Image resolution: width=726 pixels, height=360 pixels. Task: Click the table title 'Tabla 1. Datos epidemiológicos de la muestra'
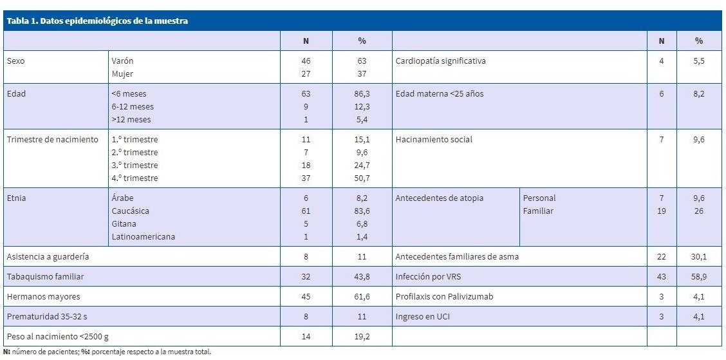coord(97,21)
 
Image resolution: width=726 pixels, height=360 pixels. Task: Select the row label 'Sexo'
coord(16,61)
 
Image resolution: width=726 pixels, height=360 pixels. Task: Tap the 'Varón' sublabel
coord(122,61)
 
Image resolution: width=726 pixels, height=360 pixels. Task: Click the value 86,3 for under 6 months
coord(362,93)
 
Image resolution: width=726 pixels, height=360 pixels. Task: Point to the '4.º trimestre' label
coord(135,178)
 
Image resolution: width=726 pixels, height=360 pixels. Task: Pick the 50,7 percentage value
coord(362,178)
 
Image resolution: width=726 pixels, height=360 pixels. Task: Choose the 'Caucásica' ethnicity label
coord(131,211)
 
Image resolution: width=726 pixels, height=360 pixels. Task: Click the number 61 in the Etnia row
coord(306,211)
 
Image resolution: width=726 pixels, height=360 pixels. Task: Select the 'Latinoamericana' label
coord(143,236)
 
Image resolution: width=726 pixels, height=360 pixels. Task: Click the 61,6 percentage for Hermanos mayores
coord(362,297)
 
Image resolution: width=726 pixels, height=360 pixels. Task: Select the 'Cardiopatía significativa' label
coord(440,61)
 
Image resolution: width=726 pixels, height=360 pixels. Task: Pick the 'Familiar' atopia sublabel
coord(538,211)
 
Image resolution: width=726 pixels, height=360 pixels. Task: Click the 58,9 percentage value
coord(698,276)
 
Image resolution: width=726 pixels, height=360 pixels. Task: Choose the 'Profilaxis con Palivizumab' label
coord(444,297)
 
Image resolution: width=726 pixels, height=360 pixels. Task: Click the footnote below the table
coord(106,352)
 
